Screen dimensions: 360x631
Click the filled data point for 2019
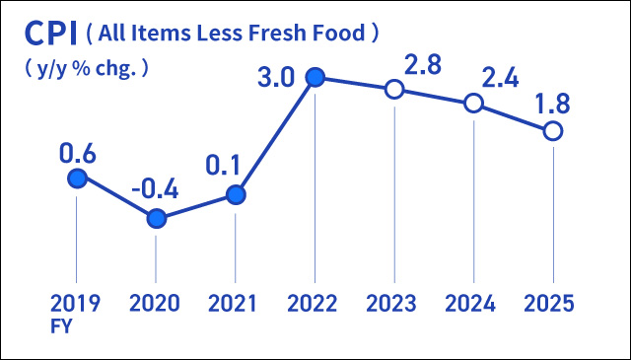[x=77, y=178]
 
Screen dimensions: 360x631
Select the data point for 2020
[x=156, y=218]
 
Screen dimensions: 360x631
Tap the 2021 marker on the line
[x=236, y=195]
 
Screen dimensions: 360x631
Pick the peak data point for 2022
[x=315, y=77]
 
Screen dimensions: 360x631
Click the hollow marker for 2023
[x=394, y=89]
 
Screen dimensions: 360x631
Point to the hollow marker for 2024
[x=473, y=104]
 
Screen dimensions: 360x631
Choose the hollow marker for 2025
[x=553, y=130]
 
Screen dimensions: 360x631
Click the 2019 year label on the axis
[x=76, y=303]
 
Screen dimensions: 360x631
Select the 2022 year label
[x=315, y=303]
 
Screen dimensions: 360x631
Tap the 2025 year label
[x=551, y=303]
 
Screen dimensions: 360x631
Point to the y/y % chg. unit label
[x=85, y=69]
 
